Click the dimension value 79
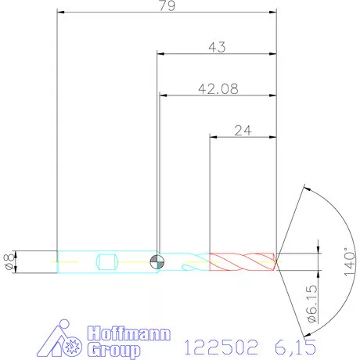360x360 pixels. click(x=166, y=6)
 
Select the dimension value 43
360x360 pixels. click(x=218, y=47)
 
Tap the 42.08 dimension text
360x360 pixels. click(x=218, y=88)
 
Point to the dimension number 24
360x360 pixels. click(x=242, y=130)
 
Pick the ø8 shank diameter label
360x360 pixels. click(x=9, y=261)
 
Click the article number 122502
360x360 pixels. click(x=221, y=346)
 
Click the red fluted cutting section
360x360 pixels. click(x=241, y=261)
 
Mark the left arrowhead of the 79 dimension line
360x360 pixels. click(x=62, y=13)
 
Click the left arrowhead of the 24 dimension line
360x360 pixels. click(x=213, y=137)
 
